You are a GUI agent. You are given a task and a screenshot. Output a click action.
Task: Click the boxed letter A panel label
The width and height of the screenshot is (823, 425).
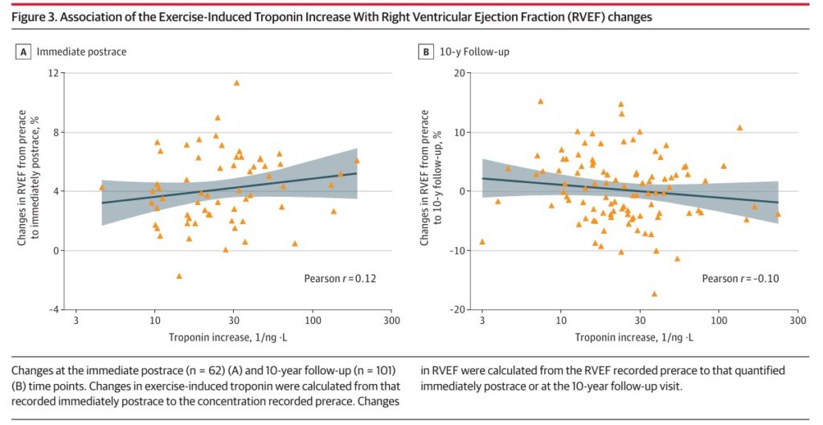coord(23,52)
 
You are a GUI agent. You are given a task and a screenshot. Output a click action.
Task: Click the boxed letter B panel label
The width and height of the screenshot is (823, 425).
coord(426,52)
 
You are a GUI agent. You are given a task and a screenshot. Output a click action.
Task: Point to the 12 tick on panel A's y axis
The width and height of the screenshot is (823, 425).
coord(55,73)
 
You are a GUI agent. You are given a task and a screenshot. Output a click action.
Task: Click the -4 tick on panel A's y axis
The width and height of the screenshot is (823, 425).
coord(54,309)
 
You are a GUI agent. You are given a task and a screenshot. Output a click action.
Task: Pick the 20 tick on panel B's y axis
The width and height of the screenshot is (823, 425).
coord(461,73)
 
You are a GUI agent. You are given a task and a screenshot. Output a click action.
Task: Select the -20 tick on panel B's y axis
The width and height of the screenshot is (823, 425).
coord(458,309)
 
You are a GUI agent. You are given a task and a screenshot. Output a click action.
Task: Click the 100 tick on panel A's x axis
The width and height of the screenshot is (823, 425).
coord(313,321)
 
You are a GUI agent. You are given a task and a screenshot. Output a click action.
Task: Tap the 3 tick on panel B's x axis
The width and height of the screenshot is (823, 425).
coord(482,321)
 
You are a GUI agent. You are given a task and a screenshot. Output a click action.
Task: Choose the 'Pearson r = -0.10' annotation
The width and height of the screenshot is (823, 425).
coord(741,279)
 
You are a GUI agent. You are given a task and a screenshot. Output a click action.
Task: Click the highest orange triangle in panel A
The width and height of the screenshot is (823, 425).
coord(236,83)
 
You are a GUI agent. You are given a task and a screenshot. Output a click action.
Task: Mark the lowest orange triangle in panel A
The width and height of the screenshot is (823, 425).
coord(179,276)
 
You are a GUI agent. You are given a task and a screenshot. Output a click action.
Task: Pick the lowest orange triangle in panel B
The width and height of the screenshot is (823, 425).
coord(654,294)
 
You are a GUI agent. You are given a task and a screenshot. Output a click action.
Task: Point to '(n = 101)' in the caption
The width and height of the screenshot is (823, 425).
coord(372,370)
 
